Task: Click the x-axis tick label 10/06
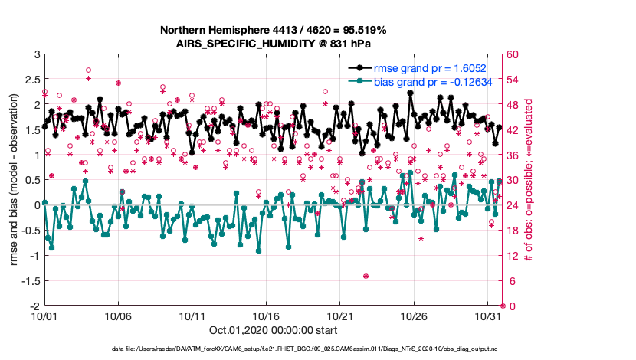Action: (x=119, y=316)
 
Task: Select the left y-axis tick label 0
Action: (x=35, y=205)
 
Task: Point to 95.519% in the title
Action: (x=362, y=30)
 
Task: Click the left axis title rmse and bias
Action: (x=15, y=180)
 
